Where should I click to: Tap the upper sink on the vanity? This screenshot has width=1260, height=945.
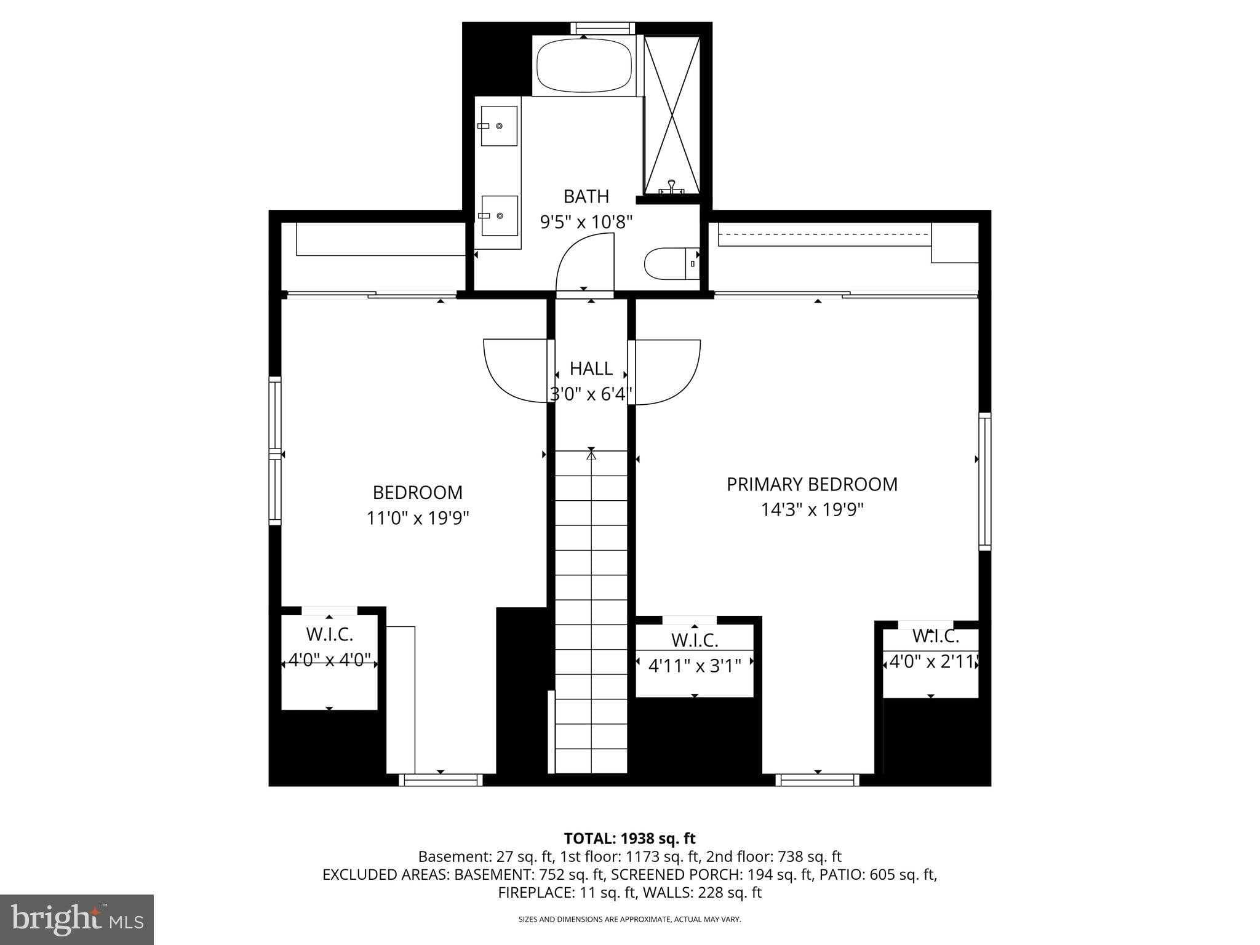pos(499,126)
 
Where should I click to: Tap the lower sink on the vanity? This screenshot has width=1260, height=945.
pos(499,216)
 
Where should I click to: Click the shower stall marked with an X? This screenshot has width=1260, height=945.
pos(672,115)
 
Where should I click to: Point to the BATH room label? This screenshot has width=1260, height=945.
pos(586,197)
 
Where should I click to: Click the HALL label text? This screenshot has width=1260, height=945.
pos(591,369)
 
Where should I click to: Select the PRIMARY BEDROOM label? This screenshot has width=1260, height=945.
pos(811,485)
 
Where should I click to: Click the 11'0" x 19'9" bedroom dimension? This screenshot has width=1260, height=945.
pos(418,518)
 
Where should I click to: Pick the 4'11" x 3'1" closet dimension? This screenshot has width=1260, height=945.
pos(695,665)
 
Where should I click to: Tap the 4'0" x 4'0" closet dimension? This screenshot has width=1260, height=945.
pos(329,660)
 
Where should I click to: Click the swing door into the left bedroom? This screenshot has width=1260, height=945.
pos(516,370)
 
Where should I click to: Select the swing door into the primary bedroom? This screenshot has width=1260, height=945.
pos(668,372)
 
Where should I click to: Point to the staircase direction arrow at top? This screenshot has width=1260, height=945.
pos(591,455)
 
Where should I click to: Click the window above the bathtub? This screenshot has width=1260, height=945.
pos(602,28)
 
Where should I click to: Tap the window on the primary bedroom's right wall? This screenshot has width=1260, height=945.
pos(984,482)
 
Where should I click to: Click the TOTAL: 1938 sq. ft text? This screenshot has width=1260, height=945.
pos(629,838)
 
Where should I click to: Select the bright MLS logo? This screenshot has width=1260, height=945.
pos(77,919)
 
